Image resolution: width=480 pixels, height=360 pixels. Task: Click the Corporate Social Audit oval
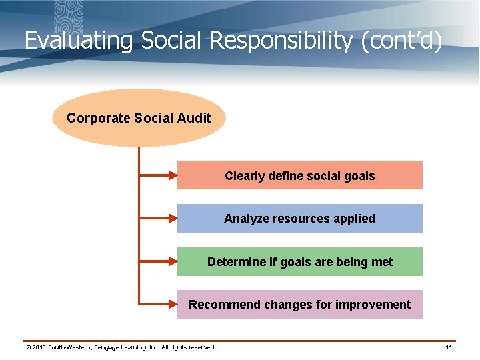pyautogui.click(x=139, y=118)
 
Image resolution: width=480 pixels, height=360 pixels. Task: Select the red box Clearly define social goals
pyautogui.click(x=299, y=176)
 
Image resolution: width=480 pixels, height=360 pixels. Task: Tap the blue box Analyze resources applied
pyautogui.click(x=299, y=219)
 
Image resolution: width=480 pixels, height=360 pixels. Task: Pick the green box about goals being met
pyautogui.click(x=299, y=262)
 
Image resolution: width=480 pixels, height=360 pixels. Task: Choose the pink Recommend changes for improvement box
pyautogui.click(x=299, y=305)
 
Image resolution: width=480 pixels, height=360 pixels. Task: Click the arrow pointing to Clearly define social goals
pyautogui.click(x=158, y=176)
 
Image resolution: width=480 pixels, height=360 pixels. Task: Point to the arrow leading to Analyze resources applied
pyautogui.click(x=158, y=219)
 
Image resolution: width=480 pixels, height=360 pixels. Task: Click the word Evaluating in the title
pyautogui.click(x=79, y=41)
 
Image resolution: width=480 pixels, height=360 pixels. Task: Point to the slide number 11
pyautogui.click(x=449, y=347)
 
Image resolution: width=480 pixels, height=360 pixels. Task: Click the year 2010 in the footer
pyautogui.click(x=39, y=347)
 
